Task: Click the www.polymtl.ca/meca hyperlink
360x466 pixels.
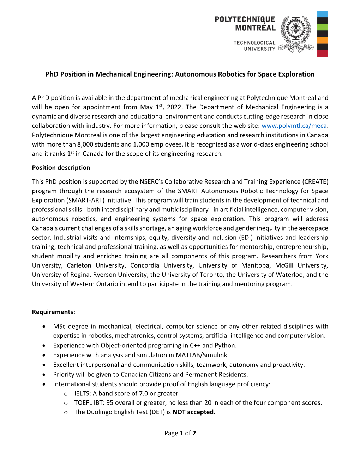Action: (x=294, y=126)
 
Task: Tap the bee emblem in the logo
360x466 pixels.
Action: (x=296, y=28)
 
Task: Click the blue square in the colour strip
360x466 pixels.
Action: (x=323, y=14)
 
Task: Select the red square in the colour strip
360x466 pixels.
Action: (x=323, y=54)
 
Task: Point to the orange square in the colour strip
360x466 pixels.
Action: (x=323, y=40)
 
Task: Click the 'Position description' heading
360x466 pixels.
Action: (x=61, y=168)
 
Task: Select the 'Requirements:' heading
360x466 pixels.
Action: (x=54, y=312)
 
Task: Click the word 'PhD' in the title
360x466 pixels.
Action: (x=52, y=74)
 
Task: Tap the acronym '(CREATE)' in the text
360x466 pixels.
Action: (x=315, y=182)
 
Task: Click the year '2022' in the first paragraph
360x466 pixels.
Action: (x=174, y=107)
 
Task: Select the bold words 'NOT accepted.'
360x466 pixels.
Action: (x=194, y=412)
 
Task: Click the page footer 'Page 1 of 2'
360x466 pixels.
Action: (x=180, y=433)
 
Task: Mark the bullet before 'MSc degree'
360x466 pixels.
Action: (x=44, y=327)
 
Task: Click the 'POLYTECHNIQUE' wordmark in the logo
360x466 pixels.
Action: (x=245, y=19)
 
